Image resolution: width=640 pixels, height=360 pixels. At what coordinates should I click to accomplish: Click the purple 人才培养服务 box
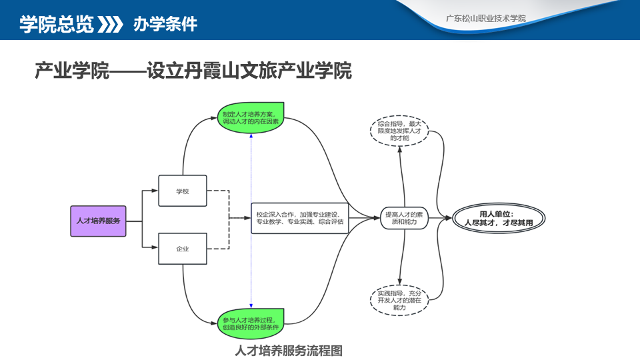click(98, 221)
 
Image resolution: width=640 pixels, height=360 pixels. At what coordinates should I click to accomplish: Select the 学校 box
click(183, 191)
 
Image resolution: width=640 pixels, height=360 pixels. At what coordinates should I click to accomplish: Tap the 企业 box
click(183, 249)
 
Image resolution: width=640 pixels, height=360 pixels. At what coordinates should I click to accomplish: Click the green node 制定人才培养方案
click(251, 117)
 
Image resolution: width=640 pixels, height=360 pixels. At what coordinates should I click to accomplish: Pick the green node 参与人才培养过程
click(251, 323)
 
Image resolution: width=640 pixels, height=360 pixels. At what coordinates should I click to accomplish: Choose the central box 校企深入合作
click(300, 218)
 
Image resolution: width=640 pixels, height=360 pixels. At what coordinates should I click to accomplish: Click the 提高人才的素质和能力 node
click(403, 218)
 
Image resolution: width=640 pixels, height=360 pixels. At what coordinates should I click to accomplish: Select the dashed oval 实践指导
click(399, 300)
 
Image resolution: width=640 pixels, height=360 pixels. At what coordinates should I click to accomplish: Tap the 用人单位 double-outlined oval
click(499, 218)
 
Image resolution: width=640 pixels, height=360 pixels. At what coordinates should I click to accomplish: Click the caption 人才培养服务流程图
click(289, 350)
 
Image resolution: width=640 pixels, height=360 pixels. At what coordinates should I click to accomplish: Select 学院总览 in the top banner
click(56, 25)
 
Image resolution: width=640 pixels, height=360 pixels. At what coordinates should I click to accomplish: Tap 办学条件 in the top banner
click(165, 25)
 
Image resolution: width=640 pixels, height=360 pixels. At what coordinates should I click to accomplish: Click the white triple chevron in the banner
click(111, 25)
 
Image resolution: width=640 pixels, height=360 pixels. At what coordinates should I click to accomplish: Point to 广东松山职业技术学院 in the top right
click(485, 18)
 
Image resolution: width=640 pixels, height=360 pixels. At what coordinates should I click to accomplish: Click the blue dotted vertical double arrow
click(251, 220)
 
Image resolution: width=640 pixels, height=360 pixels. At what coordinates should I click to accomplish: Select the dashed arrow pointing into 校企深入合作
click(237, 218)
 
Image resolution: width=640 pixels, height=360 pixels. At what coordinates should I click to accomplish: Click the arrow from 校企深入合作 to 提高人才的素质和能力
click(364, 218)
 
